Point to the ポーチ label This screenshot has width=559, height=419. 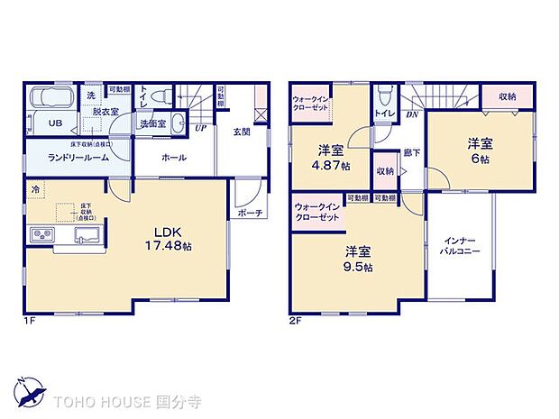coord(251,213)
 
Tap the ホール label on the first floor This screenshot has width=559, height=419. coord(174,158)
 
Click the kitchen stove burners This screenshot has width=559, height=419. coord(43,235)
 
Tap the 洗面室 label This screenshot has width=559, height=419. coord(151,123)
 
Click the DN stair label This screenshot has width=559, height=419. coord(410,114)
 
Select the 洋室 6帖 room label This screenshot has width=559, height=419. coord(478,150)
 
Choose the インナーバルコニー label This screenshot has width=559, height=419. coord(460,248)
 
